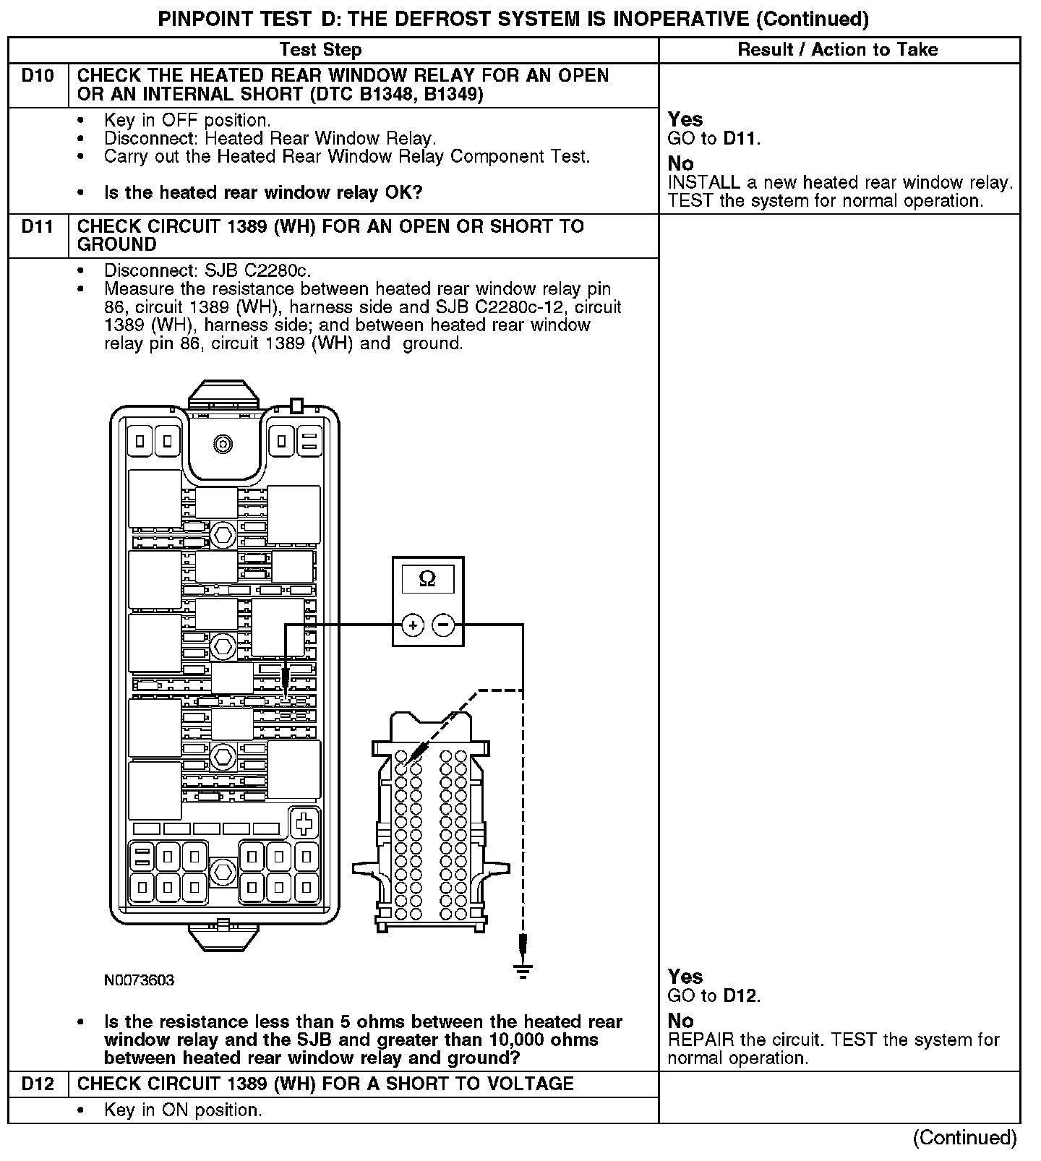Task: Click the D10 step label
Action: coord(38,76)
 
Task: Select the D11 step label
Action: coord(38,226)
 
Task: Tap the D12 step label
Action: coord(38,1084)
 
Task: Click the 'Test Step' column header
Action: coord(320,50)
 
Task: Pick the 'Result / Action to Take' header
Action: coord(838,50)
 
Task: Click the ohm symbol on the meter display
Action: coord(428,579)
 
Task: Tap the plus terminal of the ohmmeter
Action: coord(412,625)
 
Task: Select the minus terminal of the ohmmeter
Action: coord(443,625)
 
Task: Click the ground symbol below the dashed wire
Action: coord(523,970)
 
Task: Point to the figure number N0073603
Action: coord(139,981)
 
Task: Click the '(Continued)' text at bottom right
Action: coord(964,1138)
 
